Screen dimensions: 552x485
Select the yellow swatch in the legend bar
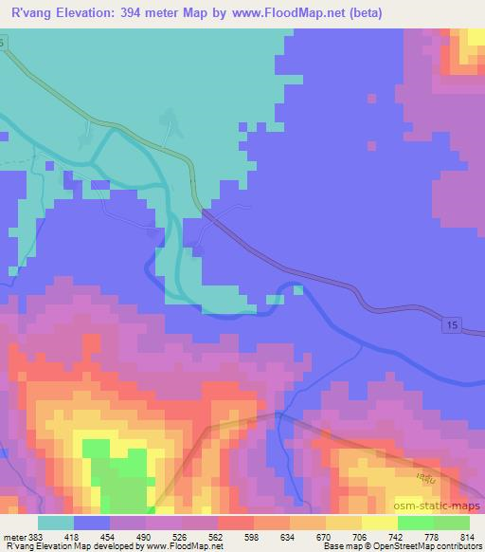345,523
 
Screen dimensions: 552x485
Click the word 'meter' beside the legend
16,536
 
